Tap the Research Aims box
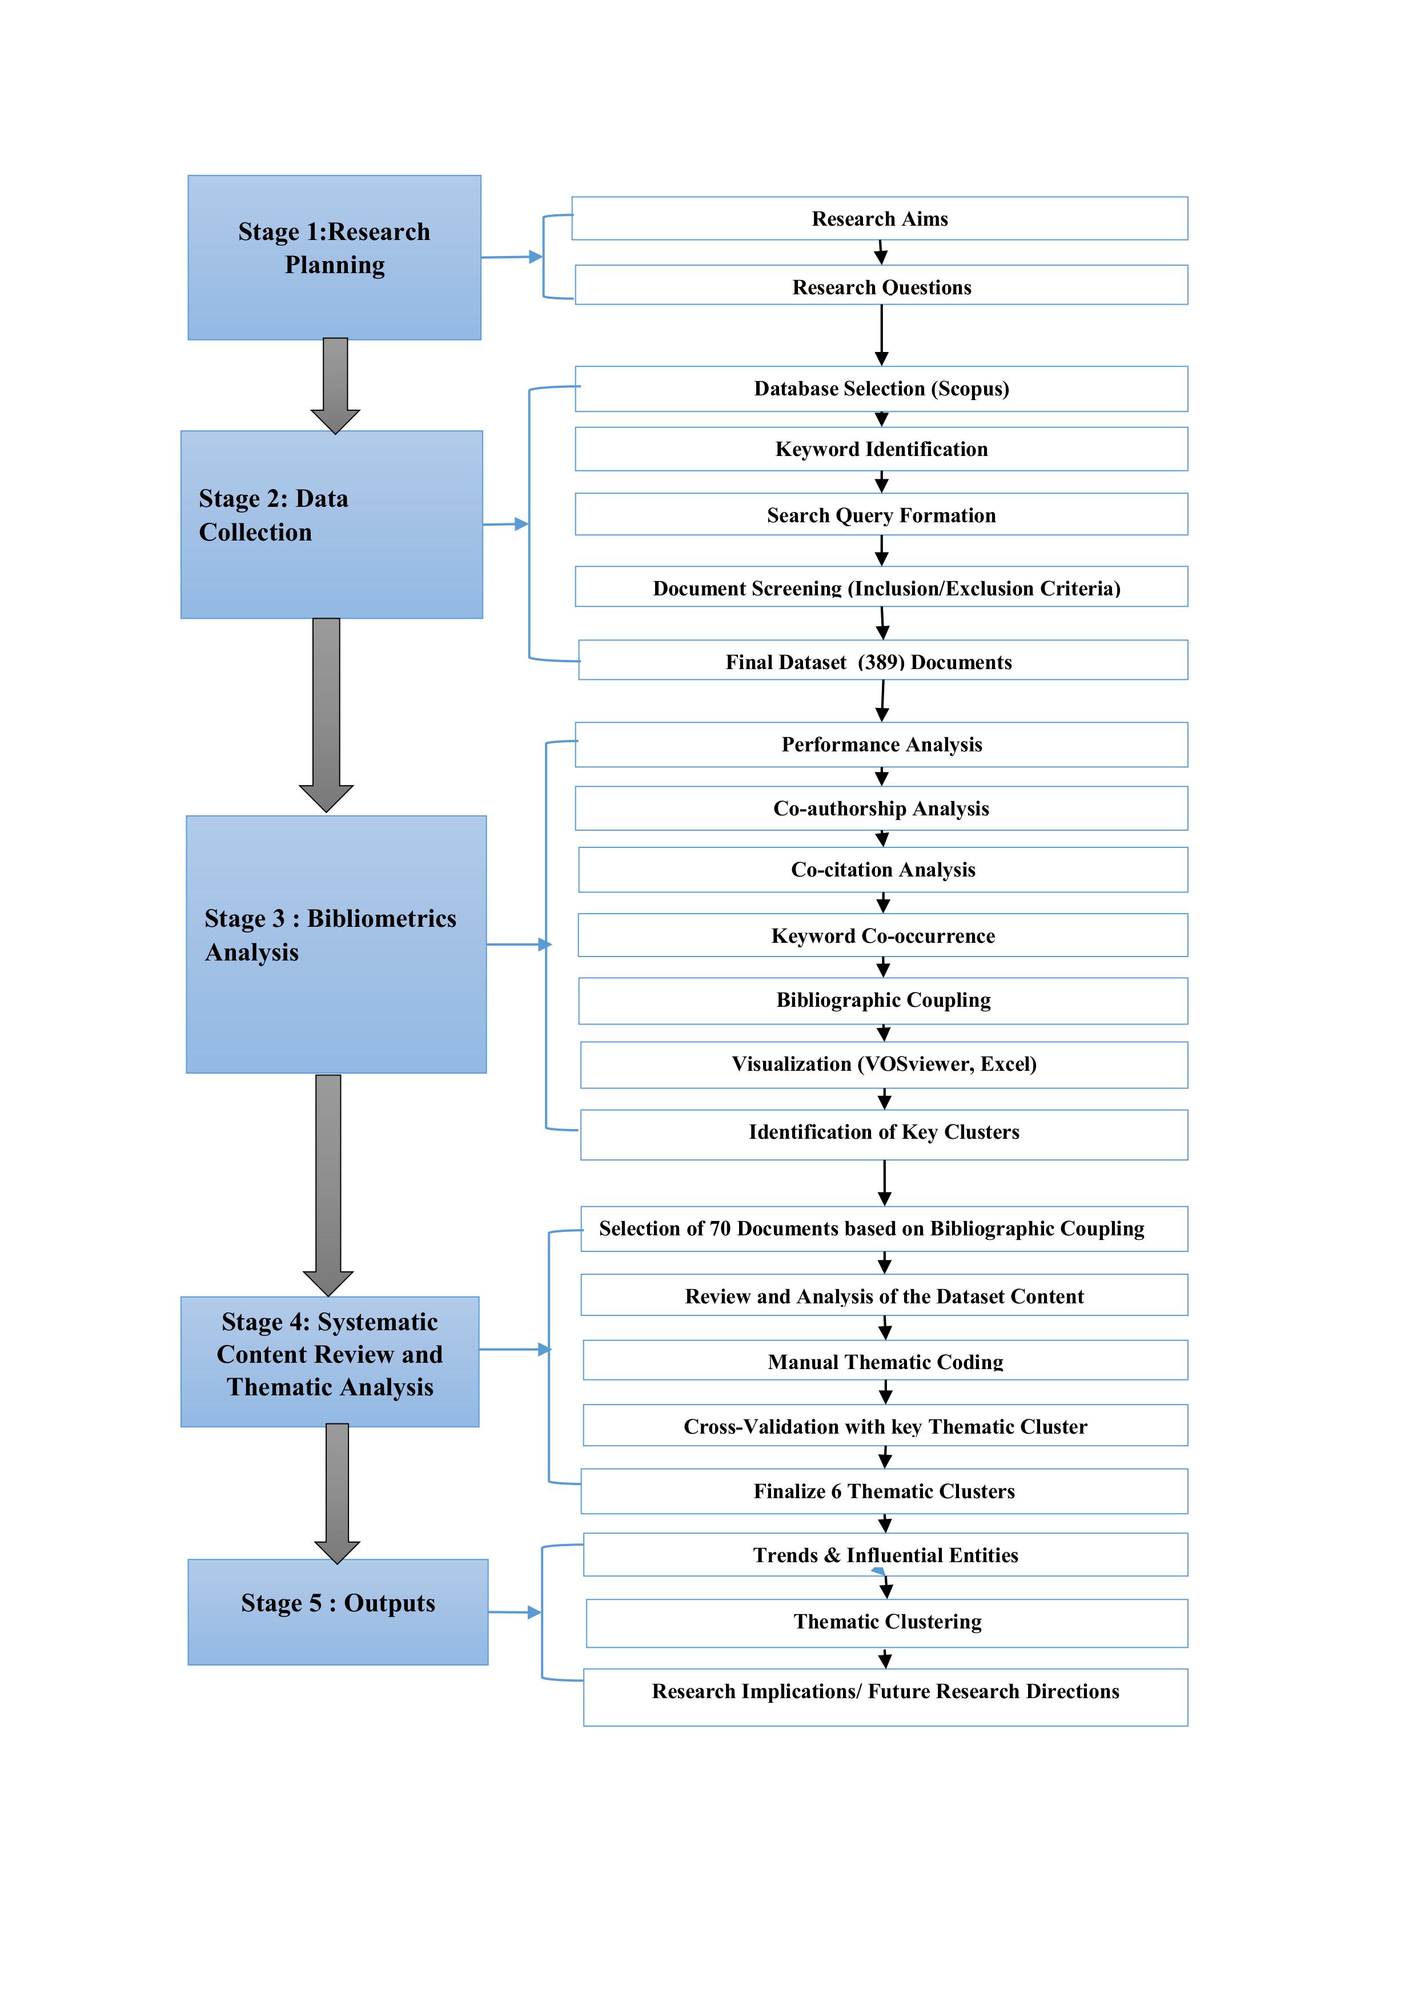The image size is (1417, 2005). pyautogui.click(x=879, y=218)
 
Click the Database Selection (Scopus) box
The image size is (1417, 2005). pyautogui.click(x=881, y=389)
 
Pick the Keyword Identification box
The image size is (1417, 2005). pyautogui.click(x=881, y=449)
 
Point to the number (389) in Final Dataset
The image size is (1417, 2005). pyautogui.click(x=881, y=662)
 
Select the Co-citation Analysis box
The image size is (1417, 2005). pyautogui.click(x=882, y=870)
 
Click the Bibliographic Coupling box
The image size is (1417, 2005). pyautogui.click(x=882, y=1000)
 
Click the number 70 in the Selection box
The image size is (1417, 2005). pyautogui.click(x=720, y=1228)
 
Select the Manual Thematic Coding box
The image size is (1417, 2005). pyautogui.click(x=885, y=1362)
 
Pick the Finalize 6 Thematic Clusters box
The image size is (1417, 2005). pyautogui.click(x=884, y=1491)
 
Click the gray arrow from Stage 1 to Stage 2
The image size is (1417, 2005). pyautogui.click(x=335, y=384)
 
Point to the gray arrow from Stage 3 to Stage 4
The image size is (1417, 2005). pyautogui.click(x=328, y=1183)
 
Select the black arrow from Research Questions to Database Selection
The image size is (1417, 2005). pyautogui.click(x=881, y=335)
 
